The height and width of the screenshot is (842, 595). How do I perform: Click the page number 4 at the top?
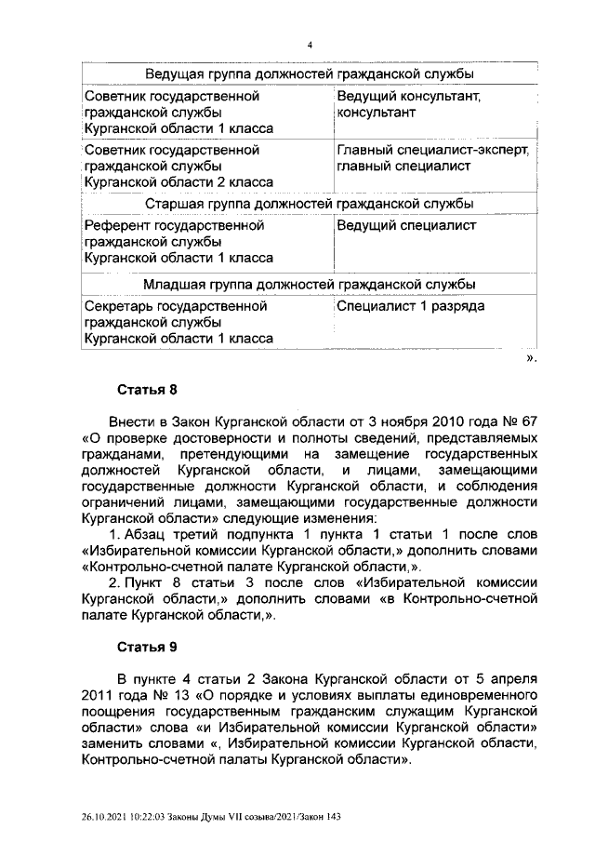coord(310,45)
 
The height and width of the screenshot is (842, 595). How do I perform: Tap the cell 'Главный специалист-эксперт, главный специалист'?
coord(433,157)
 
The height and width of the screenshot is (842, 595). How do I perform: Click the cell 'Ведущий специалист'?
coord(406,225)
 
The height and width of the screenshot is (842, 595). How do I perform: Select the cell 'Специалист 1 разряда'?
coord(410,305)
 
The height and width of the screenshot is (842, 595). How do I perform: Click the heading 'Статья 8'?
coord(145,389)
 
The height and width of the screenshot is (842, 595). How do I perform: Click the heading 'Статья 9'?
coord(145,645)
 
